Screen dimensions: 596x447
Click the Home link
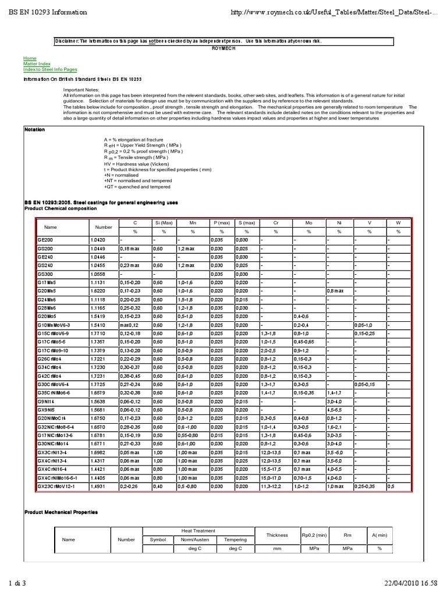click(30, 58)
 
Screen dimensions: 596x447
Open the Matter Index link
click(37, 63)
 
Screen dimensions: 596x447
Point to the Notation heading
click(34, 129)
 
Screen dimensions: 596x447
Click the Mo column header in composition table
click(308, 222)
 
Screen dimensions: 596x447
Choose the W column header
click(398, 222)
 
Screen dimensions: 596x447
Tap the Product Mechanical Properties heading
click(61, 512)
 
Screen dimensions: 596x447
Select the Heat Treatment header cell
click(198, 530)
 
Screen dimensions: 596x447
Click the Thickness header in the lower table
click(276, 535)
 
